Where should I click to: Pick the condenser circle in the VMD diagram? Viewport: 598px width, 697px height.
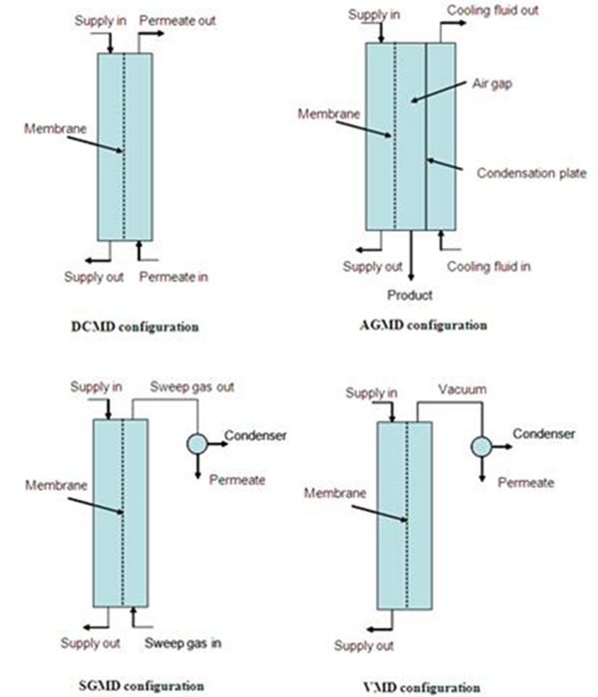pyautogui.click(x=482, y=447)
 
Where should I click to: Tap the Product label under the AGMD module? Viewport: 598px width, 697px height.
pyautogui.click(x=410, y=295)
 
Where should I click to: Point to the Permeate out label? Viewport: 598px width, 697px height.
pyautogui.click(x=176, y=20)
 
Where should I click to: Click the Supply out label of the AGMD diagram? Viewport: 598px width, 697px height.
pyautogui.click(x=373, y=267)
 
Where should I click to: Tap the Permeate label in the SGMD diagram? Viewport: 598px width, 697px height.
pyautogui.click(x=237, y=480)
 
